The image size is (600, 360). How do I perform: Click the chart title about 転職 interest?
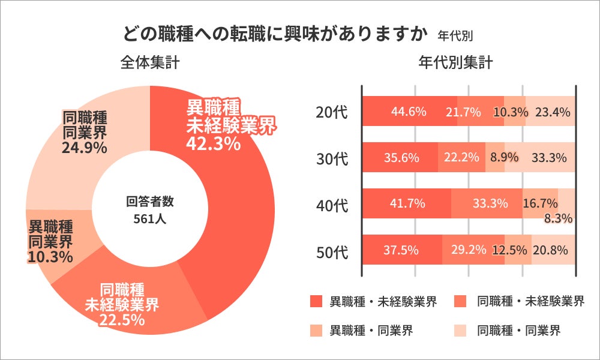click(278, 33)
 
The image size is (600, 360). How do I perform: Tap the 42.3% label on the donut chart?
click(214, 144)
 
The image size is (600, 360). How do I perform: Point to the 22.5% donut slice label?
click(122, 319)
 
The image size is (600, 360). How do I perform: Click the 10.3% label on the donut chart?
click(50, 257)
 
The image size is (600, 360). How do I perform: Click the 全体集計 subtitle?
click(149, 62)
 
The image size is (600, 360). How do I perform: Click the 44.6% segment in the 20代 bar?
click(409, 112)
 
